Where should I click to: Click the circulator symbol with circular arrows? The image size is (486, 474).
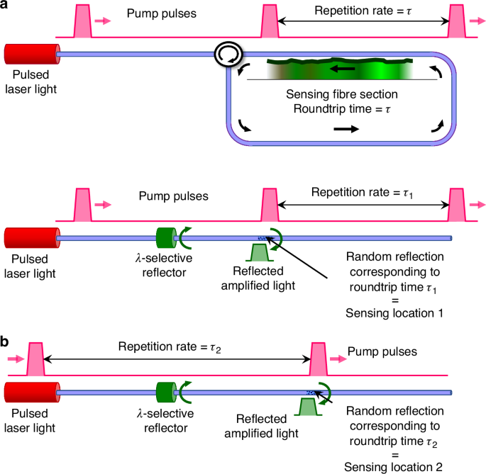pos(229,54)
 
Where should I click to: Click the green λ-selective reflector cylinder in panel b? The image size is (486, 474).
pos(165,391)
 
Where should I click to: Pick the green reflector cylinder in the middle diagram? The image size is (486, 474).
pos(165,237)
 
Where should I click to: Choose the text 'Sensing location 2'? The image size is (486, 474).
pos(394,465)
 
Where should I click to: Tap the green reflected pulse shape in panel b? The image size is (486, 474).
pos(306,407)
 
